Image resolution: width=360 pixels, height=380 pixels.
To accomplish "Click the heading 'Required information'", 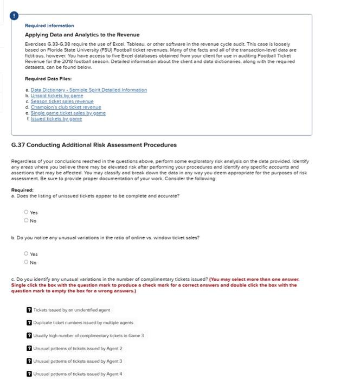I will coord(49,26).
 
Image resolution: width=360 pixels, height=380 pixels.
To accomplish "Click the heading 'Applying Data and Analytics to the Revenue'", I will coord(82,35).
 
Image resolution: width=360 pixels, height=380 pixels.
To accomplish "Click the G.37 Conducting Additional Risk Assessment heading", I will coord(94,145).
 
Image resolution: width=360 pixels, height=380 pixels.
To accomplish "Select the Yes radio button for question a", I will coord(25,213).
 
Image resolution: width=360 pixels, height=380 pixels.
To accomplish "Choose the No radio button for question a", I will coord(25,221).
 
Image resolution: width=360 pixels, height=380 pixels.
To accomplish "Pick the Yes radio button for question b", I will coord(25,254).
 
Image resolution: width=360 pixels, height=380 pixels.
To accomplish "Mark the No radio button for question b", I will coord(25,262).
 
